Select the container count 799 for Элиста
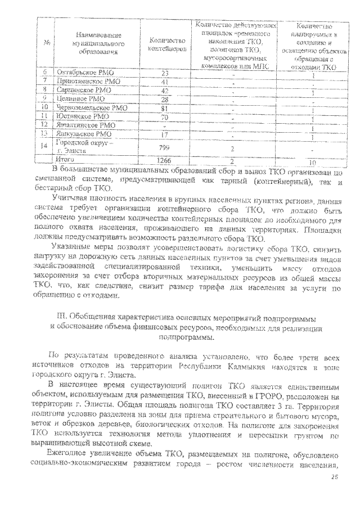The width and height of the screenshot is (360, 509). click(x=165, y=147)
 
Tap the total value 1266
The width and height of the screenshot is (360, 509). click(x=165, y=160)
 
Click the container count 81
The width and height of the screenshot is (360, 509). click(x=165, y=108)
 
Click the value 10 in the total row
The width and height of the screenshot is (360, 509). click(x=312, y=160)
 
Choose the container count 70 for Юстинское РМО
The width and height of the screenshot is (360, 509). click(x=165, y=117)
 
